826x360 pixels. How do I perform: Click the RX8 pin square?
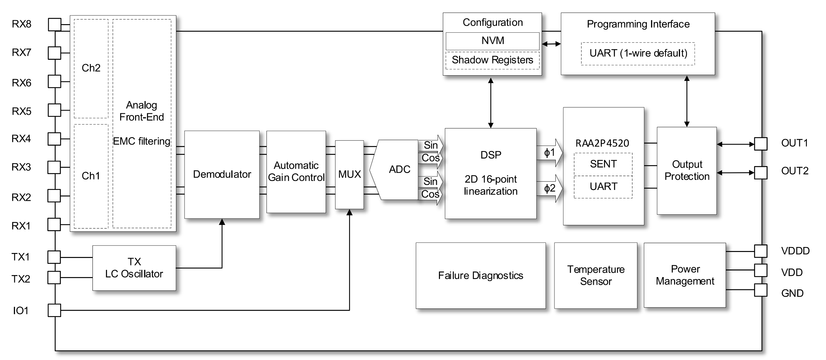[x=54, y=24]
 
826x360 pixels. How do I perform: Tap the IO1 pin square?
[x=54, y=310]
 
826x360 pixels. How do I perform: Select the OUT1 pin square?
[x=761, y=144]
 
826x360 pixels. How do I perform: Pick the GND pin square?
[x=761, y=290]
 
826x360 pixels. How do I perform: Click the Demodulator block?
[x=222, y=174]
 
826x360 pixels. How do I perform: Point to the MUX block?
[x=349, y=174]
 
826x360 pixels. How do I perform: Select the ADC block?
[x=398, y=169]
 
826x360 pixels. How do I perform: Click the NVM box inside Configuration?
[x=492, y=41]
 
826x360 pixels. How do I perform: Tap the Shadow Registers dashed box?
[x=492, y=60]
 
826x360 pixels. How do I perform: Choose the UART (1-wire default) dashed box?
[x=638, y=54]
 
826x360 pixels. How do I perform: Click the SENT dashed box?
[x=603, y=164]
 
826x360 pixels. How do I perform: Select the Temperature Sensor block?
[x=595, y=275]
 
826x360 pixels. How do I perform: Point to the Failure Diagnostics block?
[x=481, y=275]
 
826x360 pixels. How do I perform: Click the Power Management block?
[x=685, y=275]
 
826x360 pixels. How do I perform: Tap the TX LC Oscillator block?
[x=134, y=268]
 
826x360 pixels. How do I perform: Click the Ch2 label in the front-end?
[x=91, y=68]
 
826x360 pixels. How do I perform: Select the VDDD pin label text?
[x=795, y=251]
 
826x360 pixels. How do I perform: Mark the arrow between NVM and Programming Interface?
[x=551, y=44]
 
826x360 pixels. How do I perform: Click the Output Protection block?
[x=687, y=170]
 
